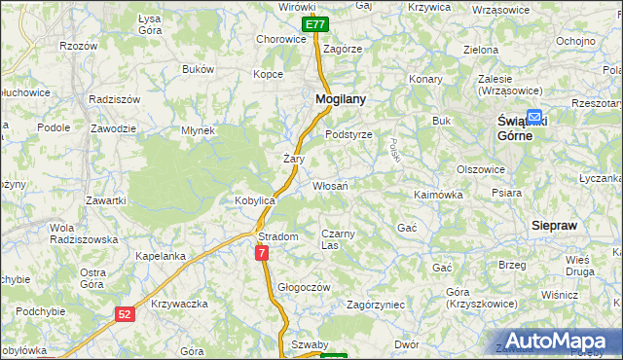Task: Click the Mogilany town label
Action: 340,99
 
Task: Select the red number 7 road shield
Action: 262,253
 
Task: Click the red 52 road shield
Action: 124,313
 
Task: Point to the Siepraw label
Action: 555,225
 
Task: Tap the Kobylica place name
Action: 256,199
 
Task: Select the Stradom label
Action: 277,236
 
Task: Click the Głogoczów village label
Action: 305,287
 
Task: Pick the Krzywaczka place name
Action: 180,305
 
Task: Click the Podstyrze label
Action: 348,134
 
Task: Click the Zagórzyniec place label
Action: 375,305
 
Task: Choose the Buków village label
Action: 198,70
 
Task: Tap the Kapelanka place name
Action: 161,256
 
